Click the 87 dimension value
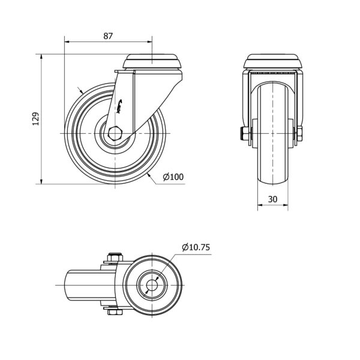[108, 36]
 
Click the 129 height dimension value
[35, 119]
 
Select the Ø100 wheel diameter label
[173, 177]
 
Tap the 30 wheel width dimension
[272, 199]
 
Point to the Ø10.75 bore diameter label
[196, 247]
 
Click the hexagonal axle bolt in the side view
[115, 133]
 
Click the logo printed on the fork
[119, 106]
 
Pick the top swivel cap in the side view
[152, 62]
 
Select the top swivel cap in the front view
[272, 62]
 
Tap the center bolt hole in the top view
[152, 285]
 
